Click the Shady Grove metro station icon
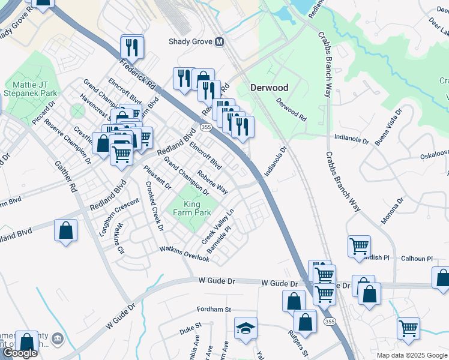tap(220, 41)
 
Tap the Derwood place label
tap(269, 88)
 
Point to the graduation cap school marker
tap(246, 329)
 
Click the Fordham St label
tap(214, 310)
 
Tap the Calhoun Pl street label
tap(417, 259)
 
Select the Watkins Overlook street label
tap(184, 254)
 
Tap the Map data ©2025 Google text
tap(411, 355)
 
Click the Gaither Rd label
tap(73, 180)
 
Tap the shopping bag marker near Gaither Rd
tap(65, 231)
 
